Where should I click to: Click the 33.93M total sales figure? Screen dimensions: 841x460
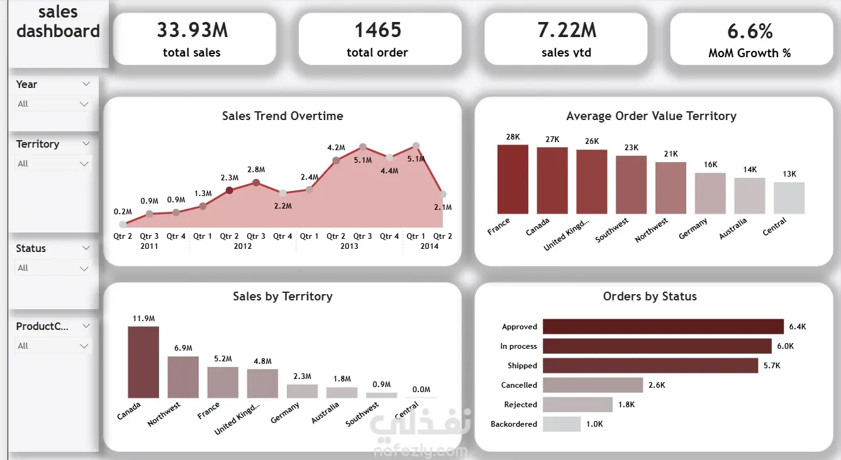coord(192,30)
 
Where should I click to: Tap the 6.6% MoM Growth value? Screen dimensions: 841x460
coord(750,31)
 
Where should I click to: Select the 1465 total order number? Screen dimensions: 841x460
coord(377,30)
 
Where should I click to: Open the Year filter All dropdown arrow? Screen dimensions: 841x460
coord(84,104)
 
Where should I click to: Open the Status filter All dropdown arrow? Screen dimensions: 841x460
coord(84,268)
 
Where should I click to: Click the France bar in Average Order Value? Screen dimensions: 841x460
coord(513,179)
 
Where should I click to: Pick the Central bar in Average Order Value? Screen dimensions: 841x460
coord(789,198)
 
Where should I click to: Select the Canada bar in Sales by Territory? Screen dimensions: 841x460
coord(143,362)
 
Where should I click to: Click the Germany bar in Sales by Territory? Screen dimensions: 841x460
coord(302,391)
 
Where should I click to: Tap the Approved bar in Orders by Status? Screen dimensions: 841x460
coord(663,326)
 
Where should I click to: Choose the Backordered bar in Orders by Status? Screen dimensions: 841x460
coord(562,424)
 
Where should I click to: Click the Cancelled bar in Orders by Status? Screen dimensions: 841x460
coord(593,385)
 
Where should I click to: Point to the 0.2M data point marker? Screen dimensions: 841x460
coord(123,224)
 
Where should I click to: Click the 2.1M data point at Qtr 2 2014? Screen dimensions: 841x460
coord(443,194)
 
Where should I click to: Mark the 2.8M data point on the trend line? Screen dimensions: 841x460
coord(256,183)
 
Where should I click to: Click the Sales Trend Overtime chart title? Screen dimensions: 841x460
coord(282,116)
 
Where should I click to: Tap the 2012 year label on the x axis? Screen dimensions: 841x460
coord(243,246)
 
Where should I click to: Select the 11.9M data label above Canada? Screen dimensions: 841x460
coord(143,318)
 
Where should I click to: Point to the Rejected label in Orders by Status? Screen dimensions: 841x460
coord(520,405)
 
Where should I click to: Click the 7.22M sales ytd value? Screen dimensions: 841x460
coord(566,30)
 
